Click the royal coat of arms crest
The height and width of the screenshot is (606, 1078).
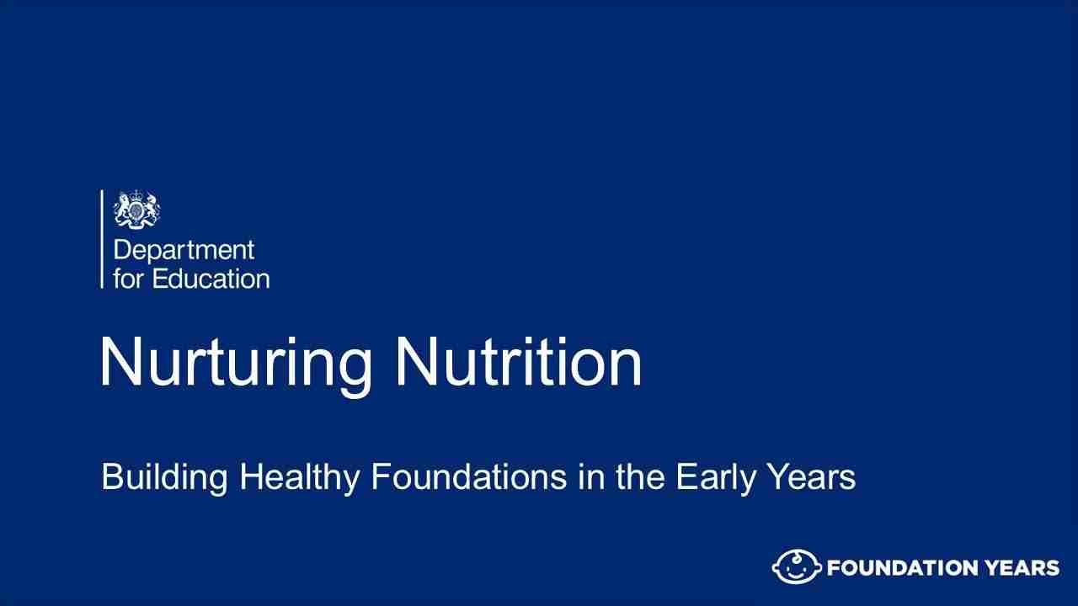(137, 209)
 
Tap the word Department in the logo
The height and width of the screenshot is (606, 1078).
(183, 252)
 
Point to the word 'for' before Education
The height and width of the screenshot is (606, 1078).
(128, 279)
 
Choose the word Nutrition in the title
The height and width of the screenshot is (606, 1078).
(519, 362)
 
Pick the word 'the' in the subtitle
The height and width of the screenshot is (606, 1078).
(641, 477)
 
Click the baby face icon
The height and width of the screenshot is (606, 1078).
(797, 567)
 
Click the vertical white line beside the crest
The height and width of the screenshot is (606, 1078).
(102, 239)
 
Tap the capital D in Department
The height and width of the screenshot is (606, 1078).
(120, 252)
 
